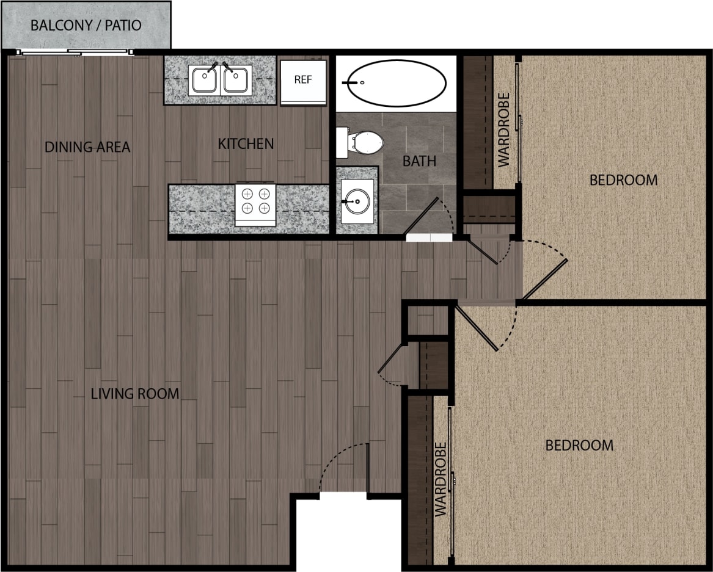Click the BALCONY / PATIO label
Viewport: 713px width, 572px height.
[x=86, y=26]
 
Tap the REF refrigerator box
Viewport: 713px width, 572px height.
[x=303, y=80]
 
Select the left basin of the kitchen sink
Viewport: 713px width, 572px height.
[x=203, y=80]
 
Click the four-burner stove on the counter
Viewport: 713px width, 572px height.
[x=255, y=201]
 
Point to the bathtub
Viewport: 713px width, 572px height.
[x=396, y=82]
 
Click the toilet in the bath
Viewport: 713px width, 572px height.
[x=363, y=143]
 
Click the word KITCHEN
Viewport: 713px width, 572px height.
[x=246, y=144]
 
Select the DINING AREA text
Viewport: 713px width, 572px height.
[x=87, y=147]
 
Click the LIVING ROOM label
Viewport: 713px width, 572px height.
[x=135, y=394]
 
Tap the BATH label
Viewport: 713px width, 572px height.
[x=419, y=161]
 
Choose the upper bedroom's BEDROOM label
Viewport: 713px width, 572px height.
[x=623, y=180]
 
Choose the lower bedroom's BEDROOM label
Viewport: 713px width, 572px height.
[x=579, y=445]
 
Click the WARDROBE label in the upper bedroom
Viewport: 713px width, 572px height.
[x=504, y=129]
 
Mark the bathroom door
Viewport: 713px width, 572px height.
[x=421, y=216]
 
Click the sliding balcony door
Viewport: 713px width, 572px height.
[x=73, y=53]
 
